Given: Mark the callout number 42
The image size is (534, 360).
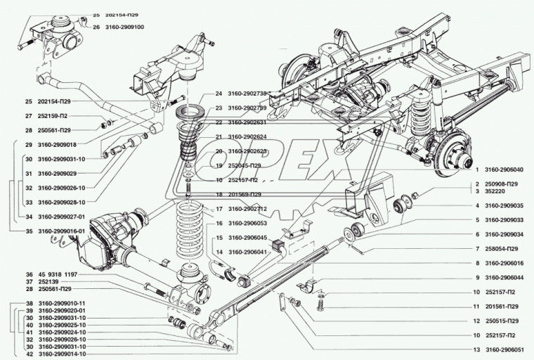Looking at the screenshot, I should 30,354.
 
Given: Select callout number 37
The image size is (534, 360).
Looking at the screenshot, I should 30,281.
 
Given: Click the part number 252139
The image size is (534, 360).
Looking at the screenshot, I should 48,281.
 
